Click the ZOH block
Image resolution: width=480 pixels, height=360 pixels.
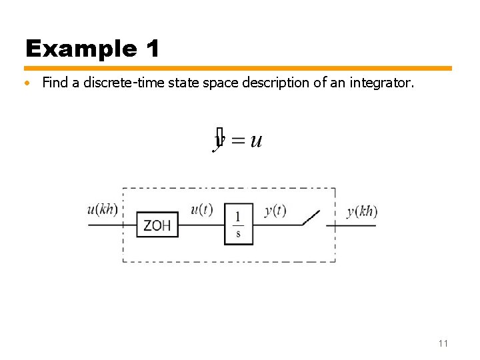pos(157,225)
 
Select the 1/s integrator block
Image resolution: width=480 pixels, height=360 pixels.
pos(238,224)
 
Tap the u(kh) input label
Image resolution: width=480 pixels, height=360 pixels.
pos(102,209)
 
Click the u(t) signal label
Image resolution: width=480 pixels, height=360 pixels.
pos(201,209)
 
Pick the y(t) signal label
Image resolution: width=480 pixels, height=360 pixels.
pos(275,211)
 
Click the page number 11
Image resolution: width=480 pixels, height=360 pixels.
pos(443,343)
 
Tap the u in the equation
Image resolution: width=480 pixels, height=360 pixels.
pos(256,141)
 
